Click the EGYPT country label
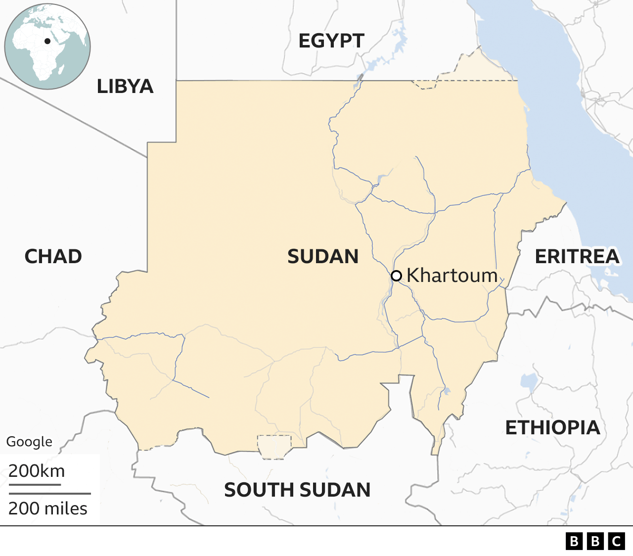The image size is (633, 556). (x=331, y=41)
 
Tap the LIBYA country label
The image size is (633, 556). (x=125, y=87)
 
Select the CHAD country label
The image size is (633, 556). (x=53, y=257)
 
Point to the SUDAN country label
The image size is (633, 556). (x=323, y=257)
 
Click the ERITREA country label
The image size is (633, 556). (x=577, y=257)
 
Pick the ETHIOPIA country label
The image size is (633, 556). (x=552, y=428)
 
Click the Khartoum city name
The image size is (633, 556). (x=452, y=276)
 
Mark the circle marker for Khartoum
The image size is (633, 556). (x=396, y=276)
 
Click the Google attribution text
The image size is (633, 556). (x=29, y=442)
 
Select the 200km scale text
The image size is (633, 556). (x=37, y=471)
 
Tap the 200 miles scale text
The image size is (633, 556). (x=48, y=509)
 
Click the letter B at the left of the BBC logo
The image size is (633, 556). (x=574, y=541)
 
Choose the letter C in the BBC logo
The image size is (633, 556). (x=617, y=541)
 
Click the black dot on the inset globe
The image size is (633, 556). (x=47, y=41)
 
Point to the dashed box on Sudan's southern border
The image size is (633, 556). (x=274, y=447)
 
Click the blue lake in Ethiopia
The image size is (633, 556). (x=529, y=381)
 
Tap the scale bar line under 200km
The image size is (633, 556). (x=35, y=484)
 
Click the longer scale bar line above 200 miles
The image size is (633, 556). (x=49, y=494)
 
